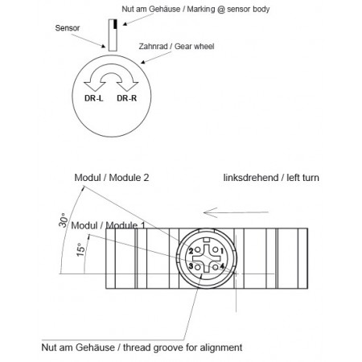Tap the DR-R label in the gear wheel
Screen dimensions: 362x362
126,100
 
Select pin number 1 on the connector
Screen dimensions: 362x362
221,250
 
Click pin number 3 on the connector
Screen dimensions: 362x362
191,266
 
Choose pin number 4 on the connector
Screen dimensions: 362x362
221,266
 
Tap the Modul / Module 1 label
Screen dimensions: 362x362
109,226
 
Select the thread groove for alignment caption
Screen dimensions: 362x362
141,349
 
